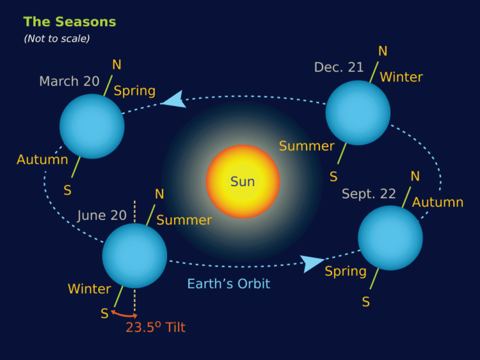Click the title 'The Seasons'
point(70,22)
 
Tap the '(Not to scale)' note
point(57,38)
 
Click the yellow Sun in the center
point(243,182)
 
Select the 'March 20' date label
point(69,81)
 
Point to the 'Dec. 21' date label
point(339,67)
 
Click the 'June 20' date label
point(102,215)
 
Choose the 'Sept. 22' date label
point(369,194)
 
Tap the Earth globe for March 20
point(92,126)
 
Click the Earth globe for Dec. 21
point(358,113)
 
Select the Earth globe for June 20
point(134,255)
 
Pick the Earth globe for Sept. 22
point(390,238)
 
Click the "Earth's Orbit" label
point(228,283)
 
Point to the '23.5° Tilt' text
point(156,327)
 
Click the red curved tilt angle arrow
point(124,314)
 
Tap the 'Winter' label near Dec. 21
point(401,77)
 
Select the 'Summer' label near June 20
point(184,220)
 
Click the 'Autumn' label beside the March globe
point(42,159)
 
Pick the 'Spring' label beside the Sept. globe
point(346,271)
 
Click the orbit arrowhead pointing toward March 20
point(173,100)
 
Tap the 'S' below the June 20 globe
point(104,313)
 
